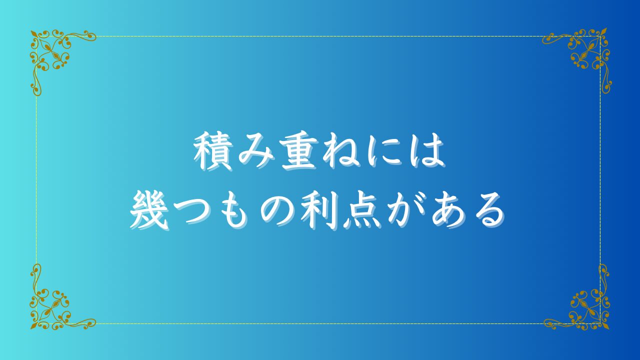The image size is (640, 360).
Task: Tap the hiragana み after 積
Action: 255,152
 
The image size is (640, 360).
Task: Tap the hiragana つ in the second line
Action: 191,211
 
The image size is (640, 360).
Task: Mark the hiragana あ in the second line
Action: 449,211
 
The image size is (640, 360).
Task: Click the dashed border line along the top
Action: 318,36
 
